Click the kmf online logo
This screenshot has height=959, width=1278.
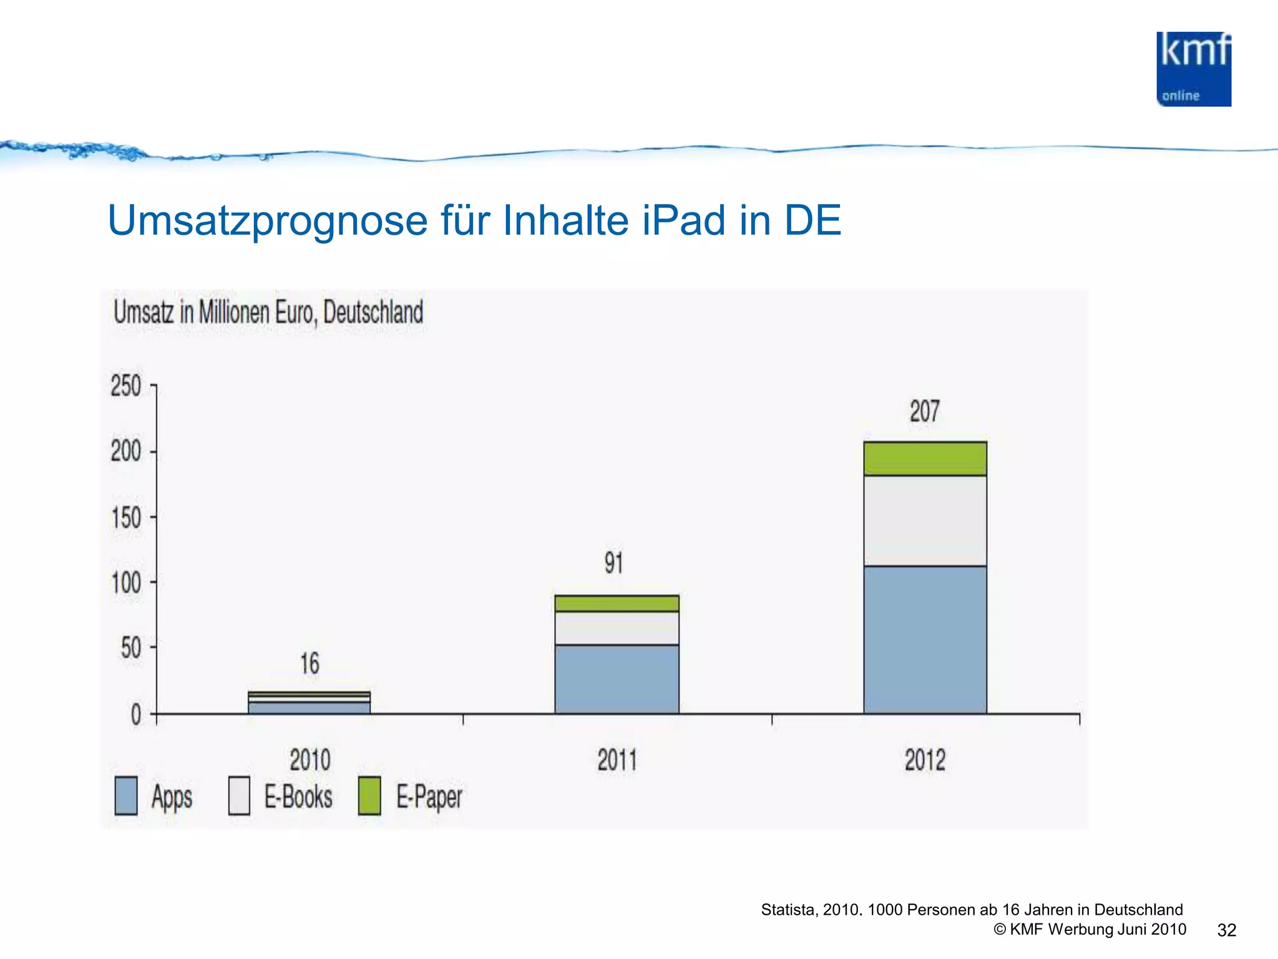(1193, 69)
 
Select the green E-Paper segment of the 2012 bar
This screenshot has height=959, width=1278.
(925, 459)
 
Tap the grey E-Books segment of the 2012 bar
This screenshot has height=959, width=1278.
(925, 521)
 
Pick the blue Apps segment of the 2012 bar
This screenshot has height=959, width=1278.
(925, 639)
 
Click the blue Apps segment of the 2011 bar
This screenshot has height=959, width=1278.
(617, 679)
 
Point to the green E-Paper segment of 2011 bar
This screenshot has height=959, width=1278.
(617, 603)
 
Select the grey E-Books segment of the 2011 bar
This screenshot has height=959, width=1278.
(617, 628)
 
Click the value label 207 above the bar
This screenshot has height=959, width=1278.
(924, 411)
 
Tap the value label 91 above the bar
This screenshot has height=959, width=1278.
(613, 563)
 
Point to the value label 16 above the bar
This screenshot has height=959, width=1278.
(310, 663)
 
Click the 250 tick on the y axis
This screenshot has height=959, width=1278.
(126, 386)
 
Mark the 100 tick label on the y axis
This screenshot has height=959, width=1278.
(126, 583)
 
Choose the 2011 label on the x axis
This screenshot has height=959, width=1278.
(617, 760)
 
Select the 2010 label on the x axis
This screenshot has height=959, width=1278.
(310, 760)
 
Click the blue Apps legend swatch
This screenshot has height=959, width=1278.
(126, 795)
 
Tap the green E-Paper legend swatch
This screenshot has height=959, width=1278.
(369, 795)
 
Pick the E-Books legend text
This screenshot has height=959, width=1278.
(298, 797)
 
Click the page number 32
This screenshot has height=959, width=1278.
(1226, 930)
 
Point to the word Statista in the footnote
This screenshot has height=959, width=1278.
(788, 910)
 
